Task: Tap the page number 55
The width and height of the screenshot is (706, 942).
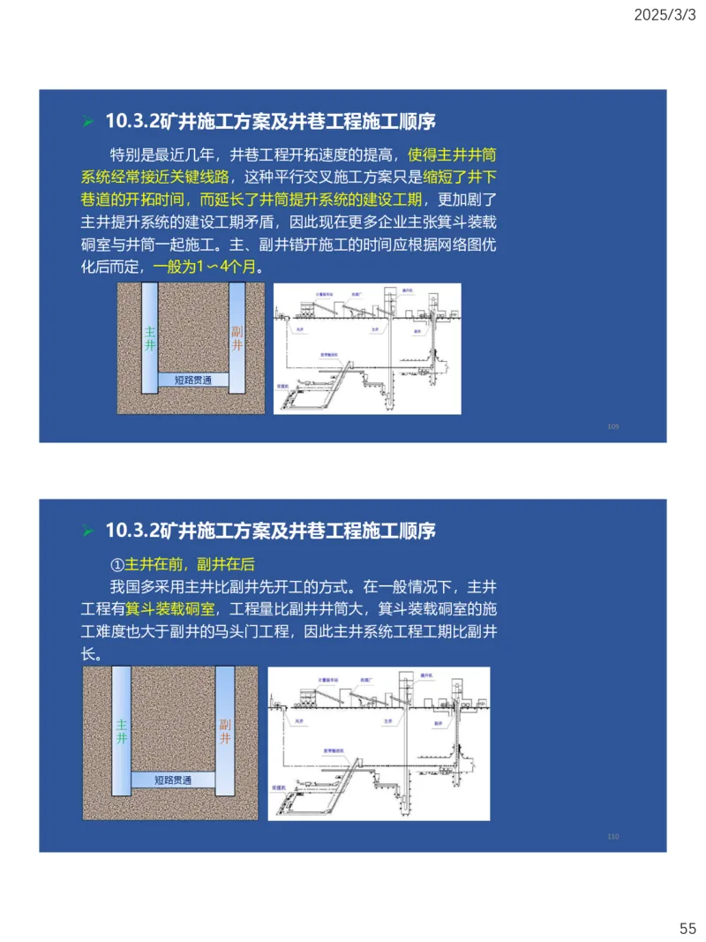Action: pos(687,928)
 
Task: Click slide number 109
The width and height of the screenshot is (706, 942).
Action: pos(613,427)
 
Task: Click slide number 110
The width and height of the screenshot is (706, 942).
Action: pos(613,837)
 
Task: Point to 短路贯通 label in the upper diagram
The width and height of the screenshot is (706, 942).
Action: pos(192,381)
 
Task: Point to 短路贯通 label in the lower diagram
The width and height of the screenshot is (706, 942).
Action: pos(173,780)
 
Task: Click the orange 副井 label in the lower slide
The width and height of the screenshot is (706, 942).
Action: pos(224,731)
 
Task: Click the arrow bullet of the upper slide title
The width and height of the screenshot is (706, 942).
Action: pos(86,121)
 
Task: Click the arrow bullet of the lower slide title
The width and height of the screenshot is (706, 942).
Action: pos(86,531)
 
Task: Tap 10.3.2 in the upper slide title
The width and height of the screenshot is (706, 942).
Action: pos(132,121)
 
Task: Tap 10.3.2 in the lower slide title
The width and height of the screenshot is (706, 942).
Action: pos(132,531)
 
